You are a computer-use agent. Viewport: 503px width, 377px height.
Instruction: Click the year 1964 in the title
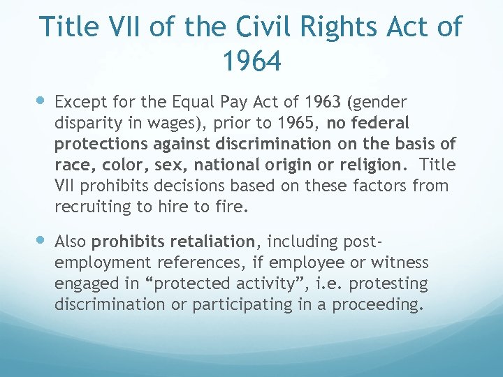point(251,61)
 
